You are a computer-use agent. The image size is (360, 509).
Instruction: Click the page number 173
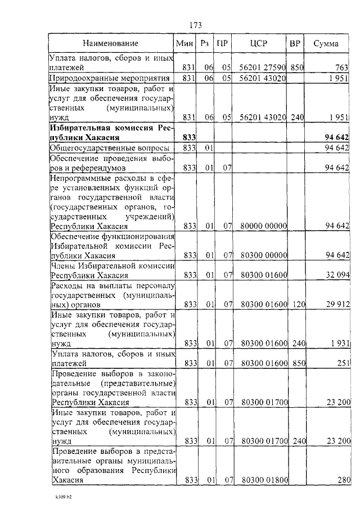[x=195, y=25]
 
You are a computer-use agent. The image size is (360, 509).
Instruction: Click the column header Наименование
[x=110, y=43]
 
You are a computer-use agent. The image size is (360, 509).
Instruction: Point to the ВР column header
[x=295, y=43]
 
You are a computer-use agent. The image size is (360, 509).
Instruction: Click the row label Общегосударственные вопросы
[x=109, y=147]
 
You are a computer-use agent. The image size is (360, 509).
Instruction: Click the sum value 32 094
[x=337, y=276]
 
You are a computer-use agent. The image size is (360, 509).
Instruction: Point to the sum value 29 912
[x=337, y=305]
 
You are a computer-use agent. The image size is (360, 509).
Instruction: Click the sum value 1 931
[x=339, y=343]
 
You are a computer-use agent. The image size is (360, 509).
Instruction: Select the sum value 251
[x=342, y=363]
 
